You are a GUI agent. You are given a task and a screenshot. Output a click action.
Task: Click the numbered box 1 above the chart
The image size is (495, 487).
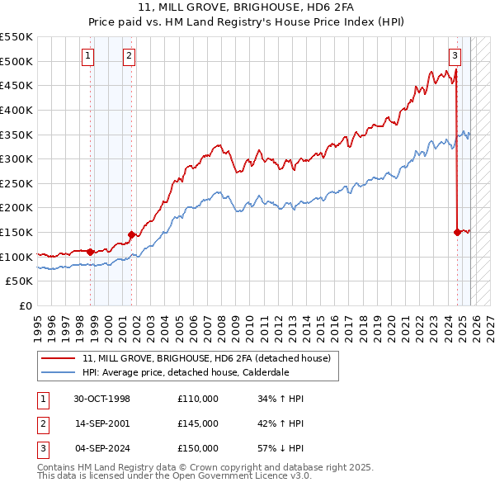pos(88,56)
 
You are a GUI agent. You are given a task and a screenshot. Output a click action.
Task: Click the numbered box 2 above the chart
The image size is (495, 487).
pos(130,56)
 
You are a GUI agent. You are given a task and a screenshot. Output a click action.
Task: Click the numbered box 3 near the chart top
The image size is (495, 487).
pos(455,56)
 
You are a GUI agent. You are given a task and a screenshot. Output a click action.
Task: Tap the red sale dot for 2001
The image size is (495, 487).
pos(131,234)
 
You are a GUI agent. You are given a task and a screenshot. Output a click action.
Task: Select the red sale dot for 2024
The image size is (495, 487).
pos(457,232)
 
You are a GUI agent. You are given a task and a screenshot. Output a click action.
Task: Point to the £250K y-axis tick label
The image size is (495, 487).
pos(16,183)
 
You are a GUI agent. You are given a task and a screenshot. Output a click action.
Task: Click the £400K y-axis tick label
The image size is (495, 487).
pos(16,110)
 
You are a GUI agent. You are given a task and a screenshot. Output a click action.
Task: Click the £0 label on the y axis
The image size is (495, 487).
pos(26,306)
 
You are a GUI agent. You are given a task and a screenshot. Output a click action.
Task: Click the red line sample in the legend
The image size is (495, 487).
pos(58,358)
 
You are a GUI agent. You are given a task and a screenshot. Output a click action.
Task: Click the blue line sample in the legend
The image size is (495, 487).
pos(58,372)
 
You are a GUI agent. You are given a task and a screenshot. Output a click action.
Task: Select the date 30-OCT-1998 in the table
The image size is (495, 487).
pos(101,400)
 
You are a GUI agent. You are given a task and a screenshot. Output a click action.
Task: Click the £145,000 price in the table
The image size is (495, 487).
pos(198,423)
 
